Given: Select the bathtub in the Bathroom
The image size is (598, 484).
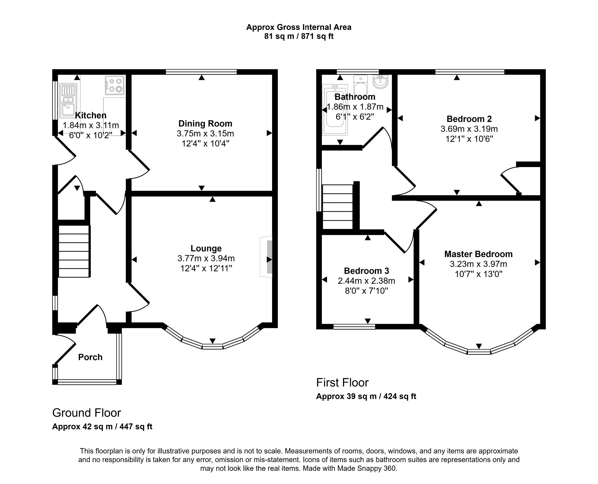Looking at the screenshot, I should [335, 110].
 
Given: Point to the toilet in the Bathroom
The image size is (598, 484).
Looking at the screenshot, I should [361, 86].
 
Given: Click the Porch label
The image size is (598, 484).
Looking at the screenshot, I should [90, 357].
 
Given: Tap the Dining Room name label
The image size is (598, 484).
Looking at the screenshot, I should [205, 123].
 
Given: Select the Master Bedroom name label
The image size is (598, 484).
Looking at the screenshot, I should [478, 254].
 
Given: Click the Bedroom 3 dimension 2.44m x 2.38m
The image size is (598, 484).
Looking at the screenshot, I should [366, 281].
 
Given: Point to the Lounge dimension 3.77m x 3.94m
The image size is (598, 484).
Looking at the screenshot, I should [206, 258].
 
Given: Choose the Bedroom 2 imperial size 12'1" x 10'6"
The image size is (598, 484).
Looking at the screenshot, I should [469, 139].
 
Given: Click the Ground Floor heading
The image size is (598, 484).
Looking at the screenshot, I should [87, 413].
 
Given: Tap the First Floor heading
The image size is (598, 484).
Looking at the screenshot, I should [342, 383].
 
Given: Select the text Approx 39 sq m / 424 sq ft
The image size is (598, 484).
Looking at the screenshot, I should [366, 396].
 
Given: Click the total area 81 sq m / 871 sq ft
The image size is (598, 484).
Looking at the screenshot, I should [299, 36].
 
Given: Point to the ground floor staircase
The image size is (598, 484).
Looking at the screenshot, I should [74, 251].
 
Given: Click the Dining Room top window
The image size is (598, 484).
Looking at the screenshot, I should [201, 72].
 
